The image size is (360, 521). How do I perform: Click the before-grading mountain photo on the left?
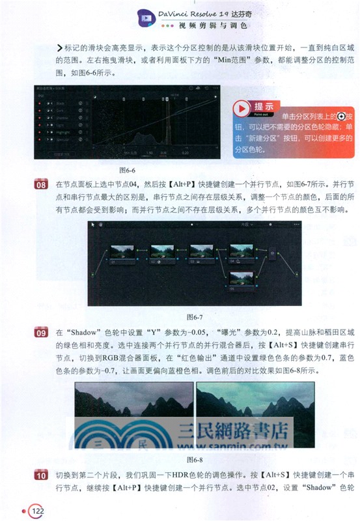click(133, 407)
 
